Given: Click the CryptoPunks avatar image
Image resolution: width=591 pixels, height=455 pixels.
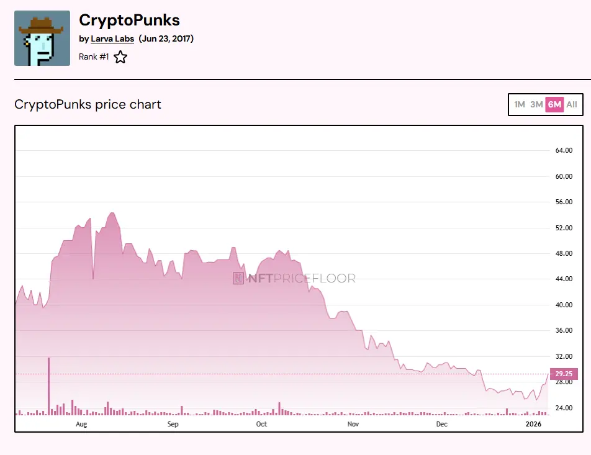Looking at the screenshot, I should [x=42, y=38].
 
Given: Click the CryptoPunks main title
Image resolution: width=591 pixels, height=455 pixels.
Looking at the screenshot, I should [x=129, y=20].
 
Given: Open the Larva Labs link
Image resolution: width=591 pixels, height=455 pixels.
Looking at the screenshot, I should [x=112, y=38].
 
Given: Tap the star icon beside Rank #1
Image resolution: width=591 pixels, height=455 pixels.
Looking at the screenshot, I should [x=120, y=57].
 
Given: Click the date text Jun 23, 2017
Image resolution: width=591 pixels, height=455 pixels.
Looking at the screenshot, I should [x=166, y=38].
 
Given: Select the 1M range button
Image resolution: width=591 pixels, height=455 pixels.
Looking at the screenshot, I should [x=520, y=104].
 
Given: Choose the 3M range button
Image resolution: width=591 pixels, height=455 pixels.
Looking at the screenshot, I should [x=536, y=104].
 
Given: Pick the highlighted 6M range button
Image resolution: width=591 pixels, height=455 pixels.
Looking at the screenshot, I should [x=554, y=104].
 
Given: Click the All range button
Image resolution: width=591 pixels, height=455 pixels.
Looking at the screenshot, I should [x=572, y=104].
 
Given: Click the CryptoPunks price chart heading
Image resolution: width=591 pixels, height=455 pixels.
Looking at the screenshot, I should [x=88, y=104].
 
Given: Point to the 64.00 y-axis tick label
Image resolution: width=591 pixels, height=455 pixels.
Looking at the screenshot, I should [x=563, y=151].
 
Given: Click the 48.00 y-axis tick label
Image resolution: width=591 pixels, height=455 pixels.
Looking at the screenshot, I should [x=563, y=253].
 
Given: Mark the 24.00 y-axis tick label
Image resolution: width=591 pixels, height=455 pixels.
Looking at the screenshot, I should [x=563, y=408].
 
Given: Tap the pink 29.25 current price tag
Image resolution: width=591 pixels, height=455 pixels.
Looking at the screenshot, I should [x=564, y=374].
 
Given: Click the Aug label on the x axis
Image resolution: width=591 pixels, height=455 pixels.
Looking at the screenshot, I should [x=81, y=425].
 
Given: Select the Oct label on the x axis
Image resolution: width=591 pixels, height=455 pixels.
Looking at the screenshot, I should [x=261, y=425].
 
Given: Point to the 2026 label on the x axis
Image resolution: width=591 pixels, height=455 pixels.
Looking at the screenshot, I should [x=534, y=425].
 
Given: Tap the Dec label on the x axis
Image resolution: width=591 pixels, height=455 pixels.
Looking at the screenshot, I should [x=441, y=425].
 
